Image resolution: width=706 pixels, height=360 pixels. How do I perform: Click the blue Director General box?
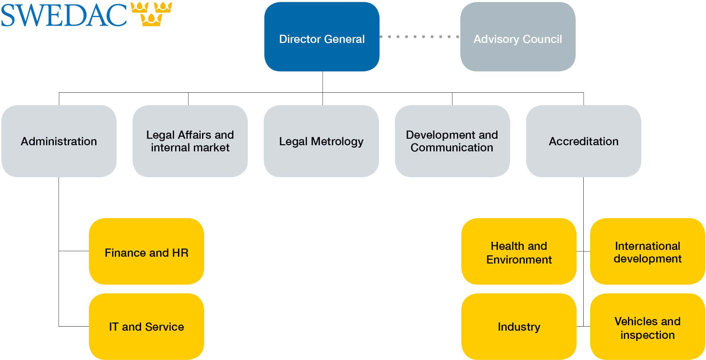coord(322,37)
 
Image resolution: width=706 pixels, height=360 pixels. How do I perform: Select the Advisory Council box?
coord(518,37)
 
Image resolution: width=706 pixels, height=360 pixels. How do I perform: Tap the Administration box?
coord(59,141)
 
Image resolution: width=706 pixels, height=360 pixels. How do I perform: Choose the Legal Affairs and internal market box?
coord(190,141)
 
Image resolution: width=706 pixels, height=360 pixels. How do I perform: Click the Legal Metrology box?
coord(321,141)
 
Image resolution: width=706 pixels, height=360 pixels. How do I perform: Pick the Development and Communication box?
coord(452,141)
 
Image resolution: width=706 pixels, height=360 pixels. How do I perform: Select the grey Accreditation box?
coord(583,141)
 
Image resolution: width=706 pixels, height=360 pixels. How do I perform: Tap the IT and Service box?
coord(147,327)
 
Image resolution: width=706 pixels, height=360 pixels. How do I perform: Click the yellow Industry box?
coord(519,327)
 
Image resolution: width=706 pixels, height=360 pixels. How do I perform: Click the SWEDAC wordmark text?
coord(64,15)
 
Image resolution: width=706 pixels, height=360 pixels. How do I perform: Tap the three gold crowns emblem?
coord(151,14)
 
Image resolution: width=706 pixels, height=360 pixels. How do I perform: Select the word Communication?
coord(452,148)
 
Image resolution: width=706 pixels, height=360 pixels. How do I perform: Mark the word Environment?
coord(519,260)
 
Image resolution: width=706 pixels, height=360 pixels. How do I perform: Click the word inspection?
coord(647,335)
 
